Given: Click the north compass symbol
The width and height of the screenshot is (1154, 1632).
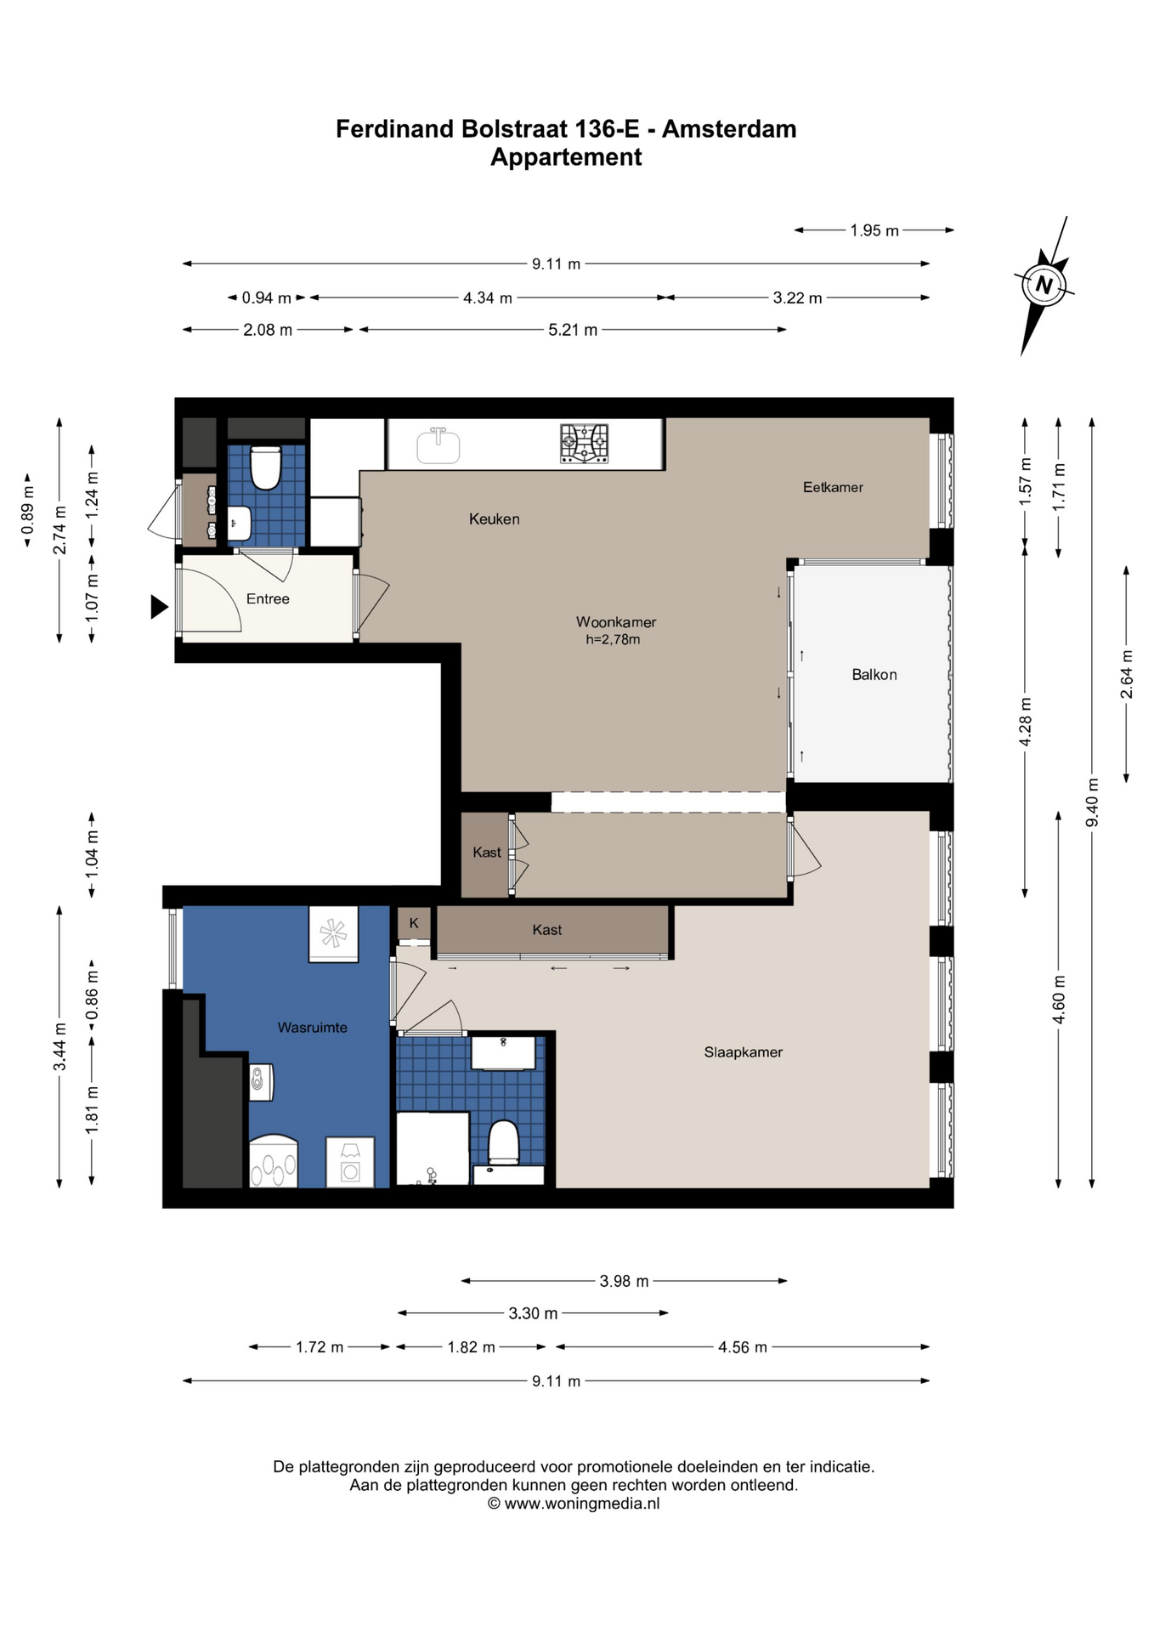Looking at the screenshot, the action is coord(1044,286).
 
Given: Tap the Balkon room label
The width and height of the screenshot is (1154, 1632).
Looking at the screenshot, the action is coord(874,675).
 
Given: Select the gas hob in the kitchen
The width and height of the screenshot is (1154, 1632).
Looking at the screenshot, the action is coord(584,444).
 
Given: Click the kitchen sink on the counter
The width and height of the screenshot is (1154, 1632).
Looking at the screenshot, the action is coord(438,445).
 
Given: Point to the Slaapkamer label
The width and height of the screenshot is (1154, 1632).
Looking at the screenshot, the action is coord(744,1052).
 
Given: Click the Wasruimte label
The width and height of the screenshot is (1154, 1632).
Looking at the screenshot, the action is coord(313,1028).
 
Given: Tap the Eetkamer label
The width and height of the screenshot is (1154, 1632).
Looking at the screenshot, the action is coord(833,487).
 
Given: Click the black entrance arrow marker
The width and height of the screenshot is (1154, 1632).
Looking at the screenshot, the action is coord(159,607).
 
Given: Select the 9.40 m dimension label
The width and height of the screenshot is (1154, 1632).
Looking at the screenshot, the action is coord(1093,802).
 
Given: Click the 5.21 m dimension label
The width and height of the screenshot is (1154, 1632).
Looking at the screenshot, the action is coord(573,330).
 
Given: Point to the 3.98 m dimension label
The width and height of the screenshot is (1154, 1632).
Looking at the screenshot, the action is coord(624,1281).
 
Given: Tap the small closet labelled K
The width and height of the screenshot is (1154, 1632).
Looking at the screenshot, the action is coord(414,923).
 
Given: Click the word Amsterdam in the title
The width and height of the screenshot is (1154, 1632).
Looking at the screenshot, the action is coord(729,129).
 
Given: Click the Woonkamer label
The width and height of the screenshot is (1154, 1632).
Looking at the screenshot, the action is coord(616,622).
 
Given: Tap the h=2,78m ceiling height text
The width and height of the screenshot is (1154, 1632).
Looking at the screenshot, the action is coord(613,640).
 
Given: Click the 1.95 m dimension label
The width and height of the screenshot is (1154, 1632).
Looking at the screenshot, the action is coord(874,230).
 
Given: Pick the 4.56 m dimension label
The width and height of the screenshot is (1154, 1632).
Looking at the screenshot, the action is coord(743,1347).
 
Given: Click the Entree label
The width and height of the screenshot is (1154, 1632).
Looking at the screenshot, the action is coord(268,599).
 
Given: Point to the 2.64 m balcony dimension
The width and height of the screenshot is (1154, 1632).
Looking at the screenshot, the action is coord(1127,674).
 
